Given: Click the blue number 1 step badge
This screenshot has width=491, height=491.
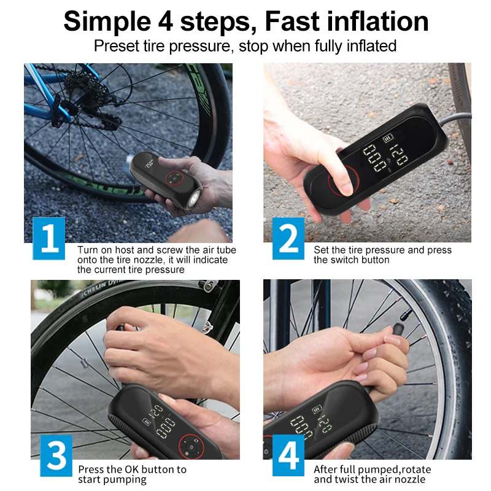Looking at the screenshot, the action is [x=49, y=238].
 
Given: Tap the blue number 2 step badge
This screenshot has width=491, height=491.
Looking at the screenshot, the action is [x=288, y=238].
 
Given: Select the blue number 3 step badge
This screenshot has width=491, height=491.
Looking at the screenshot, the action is [x=56, y=455].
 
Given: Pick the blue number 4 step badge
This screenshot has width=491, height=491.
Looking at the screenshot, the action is [x=288, y=455].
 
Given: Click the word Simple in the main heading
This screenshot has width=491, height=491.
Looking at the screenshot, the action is [x=107, y=22].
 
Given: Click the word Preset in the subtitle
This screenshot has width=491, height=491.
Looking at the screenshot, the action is [x=116, y=45].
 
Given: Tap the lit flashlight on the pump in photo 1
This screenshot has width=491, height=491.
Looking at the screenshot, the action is [x=193, y=198].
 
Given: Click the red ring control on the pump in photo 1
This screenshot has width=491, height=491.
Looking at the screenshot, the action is [x=174, y=179].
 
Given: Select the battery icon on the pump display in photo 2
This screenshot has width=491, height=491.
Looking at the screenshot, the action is [x=388, y=137].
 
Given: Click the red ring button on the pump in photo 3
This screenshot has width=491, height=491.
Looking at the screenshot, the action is [x=191, y=446].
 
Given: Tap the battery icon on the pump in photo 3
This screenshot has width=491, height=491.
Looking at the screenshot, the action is [x=146, y=421].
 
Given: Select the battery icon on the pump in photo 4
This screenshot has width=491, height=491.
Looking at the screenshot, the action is [x=317, y=409].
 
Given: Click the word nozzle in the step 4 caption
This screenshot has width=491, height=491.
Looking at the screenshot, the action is [x=411, y=479].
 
